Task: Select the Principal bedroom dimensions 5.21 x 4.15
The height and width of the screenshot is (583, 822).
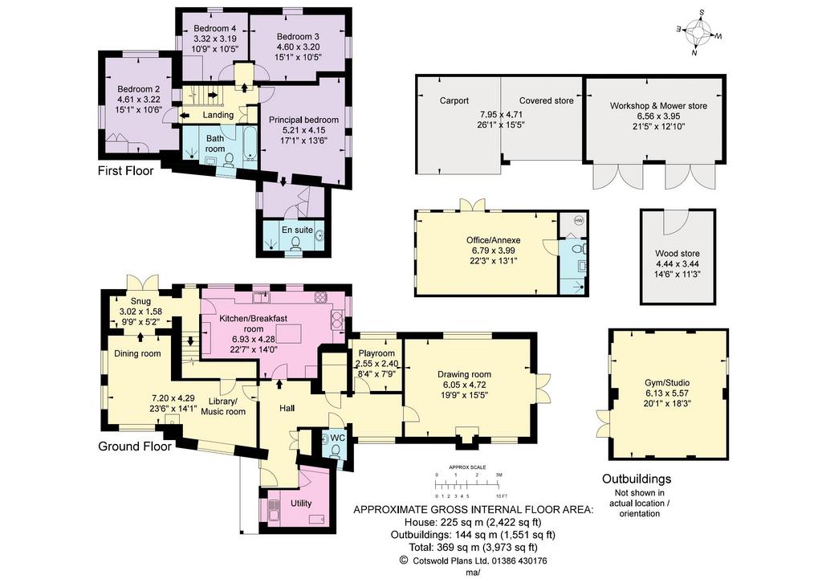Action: pos(303,130)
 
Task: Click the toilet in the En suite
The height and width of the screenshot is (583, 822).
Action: pos(295,243)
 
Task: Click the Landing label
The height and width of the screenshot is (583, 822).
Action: pos(218,115)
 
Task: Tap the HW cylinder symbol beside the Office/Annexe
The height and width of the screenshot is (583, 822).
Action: pos(579,221)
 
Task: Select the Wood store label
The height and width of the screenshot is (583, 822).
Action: pos(677,254)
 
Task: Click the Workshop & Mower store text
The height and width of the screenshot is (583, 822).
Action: pos(658,106)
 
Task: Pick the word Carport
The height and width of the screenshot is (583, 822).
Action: pos(454,100)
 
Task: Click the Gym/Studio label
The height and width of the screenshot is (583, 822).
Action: pos(667,383)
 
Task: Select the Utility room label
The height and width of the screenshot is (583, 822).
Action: pos(301,503)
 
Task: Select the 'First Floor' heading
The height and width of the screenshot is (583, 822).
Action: pos(126,171)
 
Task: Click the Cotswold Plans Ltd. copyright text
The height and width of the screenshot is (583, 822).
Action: pos(474,561)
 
